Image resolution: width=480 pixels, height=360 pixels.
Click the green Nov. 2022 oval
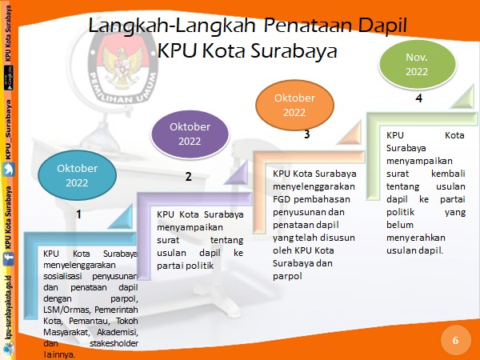[x=418, y=64]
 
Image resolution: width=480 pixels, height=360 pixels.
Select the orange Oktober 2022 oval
[x=294, y=105]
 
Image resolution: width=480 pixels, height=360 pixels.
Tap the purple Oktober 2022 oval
[x=190, y=134]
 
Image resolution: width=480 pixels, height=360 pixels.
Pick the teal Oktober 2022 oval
[x=77, y=175]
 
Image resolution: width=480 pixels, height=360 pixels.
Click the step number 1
[x=78, y=214]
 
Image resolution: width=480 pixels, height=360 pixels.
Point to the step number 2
[x=188, y=177]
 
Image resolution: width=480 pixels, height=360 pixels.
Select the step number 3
[x=306, y=134]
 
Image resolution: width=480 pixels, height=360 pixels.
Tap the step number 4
[x=418, y=98]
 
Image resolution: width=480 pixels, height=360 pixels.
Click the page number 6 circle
[x=455, y=340]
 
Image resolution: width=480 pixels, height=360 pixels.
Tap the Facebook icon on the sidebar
[x=9, y=258]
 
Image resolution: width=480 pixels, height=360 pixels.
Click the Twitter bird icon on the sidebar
[x=9, y=170]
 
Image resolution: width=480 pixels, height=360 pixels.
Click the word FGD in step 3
[x=282, y=199]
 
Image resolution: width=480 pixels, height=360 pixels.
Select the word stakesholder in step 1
[x=114, y=343]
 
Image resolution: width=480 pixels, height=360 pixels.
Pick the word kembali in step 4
[x=448, y=174]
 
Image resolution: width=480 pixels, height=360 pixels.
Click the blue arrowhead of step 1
[x=121, y=217]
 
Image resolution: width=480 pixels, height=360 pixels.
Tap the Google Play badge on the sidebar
[x=9, y=78]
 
